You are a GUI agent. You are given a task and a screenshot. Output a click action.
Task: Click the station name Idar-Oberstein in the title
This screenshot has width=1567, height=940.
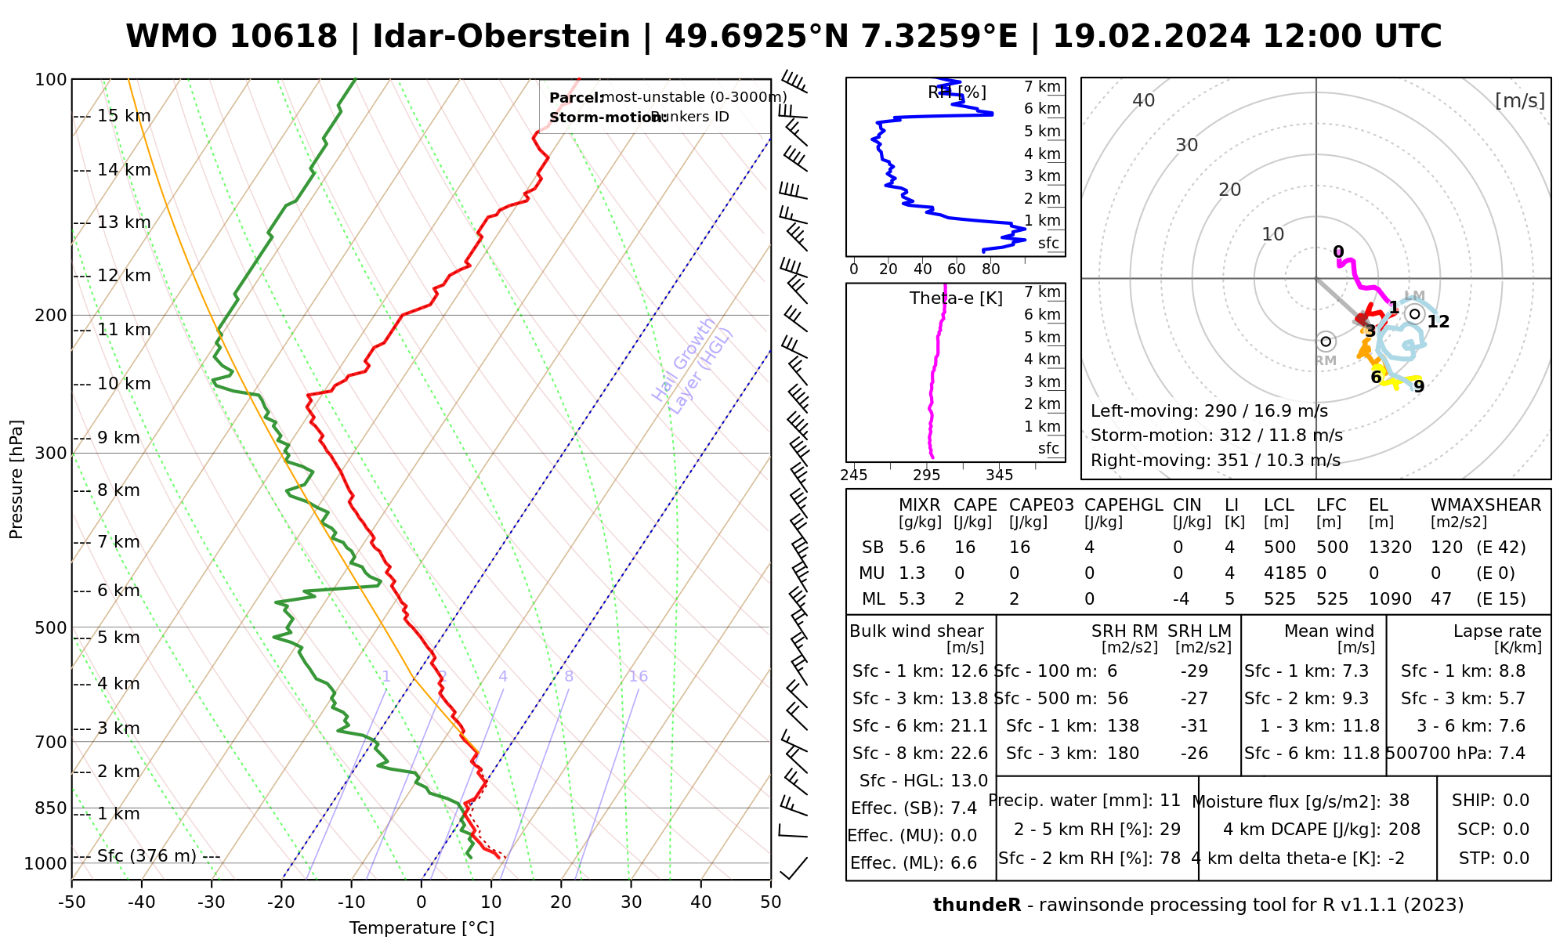click(x=501, y=37)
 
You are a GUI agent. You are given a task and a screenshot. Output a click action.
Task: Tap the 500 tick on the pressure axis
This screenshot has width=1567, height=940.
click(x=51, y=627)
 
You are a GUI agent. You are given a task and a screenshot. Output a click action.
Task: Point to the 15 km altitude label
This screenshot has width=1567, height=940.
click(x=124, y=116)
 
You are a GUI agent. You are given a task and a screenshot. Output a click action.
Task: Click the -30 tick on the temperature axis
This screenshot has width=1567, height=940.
click(x=212, y=902)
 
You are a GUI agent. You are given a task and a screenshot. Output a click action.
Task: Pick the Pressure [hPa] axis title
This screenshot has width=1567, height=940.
click(x=16, y=479)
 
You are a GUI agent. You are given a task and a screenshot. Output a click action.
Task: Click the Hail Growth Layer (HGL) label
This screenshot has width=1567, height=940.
click(x=693, y=365)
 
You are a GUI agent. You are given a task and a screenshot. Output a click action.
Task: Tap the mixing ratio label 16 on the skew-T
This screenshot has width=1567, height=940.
click(x=638, y=677)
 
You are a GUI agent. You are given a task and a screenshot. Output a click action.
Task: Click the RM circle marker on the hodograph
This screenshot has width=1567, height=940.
click(x=1326, y=342)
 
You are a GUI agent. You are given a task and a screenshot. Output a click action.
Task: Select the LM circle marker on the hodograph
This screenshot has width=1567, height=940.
click(x=1414, y=314)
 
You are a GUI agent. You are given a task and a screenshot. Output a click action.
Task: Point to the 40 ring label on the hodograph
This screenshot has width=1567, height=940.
click(x=1144, y=100)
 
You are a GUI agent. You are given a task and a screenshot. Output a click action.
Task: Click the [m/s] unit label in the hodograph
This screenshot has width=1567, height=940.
click(x=1519, y=100)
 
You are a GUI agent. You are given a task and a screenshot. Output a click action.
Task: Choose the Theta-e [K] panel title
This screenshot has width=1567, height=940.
click(x=956, y=298)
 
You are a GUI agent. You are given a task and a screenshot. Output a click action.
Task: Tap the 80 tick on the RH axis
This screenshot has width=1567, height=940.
click(x=991, y=269)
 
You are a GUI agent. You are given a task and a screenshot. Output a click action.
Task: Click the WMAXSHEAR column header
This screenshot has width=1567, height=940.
click(x=1486, y=505)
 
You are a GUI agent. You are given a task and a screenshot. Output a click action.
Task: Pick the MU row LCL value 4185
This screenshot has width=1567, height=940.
click(x=1285, y=573)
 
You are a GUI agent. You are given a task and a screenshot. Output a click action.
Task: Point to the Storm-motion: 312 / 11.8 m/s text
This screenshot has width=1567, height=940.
click(x=1216, y=436)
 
